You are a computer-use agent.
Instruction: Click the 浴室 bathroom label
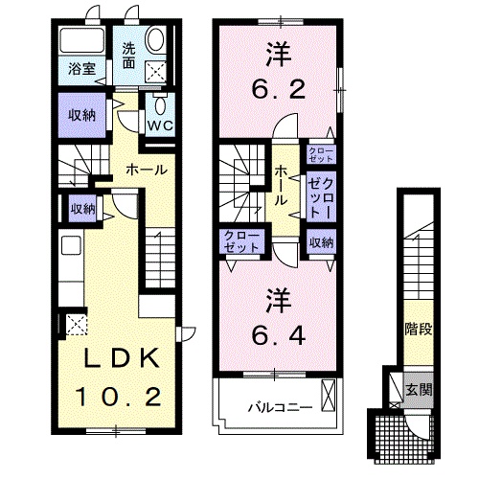[x=82, y=69]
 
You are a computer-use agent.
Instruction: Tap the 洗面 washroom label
[x=129, y=57]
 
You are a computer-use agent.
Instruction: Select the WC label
[x=160, y=125]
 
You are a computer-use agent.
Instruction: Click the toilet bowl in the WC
[x=160, y=103]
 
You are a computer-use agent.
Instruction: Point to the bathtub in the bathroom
[x=82, y=40]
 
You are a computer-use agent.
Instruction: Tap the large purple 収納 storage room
[x=82, y=115]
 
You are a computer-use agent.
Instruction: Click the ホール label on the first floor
[x=147, y=170]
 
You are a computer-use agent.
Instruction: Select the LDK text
[x=122, y=357]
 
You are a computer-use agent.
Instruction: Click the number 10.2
[x=119, y=397]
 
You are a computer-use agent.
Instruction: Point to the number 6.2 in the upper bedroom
[x=279, y=89]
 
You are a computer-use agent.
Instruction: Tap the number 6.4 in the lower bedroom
[x=279, y=335]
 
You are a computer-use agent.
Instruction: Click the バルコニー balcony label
[x=280, y=407]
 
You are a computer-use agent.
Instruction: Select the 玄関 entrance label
[x=419, y=390]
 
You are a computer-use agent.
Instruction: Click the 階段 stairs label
[x=419, y=329]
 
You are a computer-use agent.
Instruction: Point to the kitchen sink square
[x=72, y=245]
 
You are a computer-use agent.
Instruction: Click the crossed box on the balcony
[x=329, y=395]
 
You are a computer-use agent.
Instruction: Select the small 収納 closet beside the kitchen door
[x=82, y=209]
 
